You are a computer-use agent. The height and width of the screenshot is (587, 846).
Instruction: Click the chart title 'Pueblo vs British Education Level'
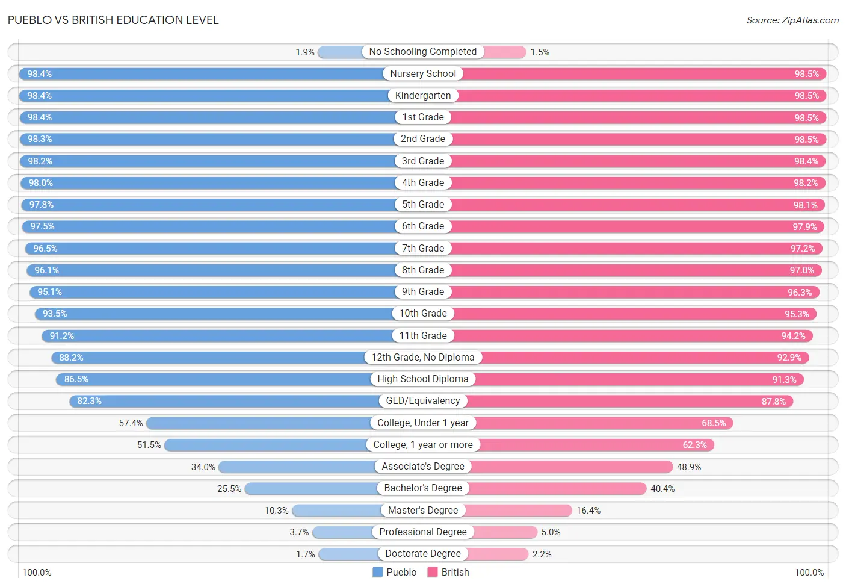[113, 20]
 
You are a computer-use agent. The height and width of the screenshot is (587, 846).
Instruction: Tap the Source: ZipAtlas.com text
[792, 20]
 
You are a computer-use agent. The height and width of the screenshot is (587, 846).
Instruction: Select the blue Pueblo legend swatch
[377, 572]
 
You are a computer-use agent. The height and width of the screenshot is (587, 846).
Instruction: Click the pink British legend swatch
[432, 572]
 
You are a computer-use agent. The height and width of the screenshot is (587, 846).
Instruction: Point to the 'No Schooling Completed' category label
[423, 51]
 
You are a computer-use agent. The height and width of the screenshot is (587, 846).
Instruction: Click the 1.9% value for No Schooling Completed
[305, 52]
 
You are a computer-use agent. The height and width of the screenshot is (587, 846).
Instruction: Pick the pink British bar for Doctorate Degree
[498, 554]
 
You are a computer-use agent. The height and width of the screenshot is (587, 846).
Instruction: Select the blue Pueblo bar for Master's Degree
[337, 511]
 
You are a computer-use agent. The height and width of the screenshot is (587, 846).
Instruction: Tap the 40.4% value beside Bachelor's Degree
[662, 489]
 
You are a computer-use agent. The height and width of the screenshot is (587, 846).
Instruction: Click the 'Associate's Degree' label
[423, 466]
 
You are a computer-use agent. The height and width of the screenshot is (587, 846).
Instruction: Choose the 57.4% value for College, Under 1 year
[131, 423]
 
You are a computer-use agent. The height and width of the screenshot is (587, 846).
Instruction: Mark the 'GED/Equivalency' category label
[423, 400]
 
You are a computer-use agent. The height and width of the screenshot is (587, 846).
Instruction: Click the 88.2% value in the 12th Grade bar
[71, 358]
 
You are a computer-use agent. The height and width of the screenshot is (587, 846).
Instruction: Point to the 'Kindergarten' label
[423, 95]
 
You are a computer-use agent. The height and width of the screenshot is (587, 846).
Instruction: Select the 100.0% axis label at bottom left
[37, 573]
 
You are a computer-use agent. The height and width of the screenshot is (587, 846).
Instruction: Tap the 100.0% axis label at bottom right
[809, 573]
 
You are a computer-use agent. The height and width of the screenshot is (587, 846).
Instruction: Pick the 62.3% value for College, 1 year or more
[694, 445]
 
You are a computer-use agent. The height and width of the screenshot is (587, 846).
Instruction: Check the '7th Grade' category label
[423, 248]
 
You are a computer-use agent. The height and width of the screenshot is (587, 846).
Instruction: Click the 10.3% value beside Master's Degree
[276, 511]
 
